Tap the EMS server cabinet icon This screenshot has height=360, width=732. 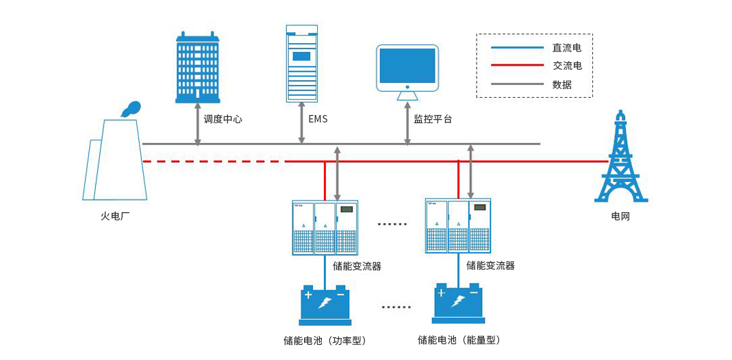click(x=301, y=64)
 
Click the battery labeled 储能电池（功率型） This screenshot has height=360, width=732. click(x=325, y=305)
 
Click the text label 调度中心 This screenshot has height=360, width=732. click(x=223, y=119)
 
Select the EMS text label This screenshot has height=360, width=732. click(x=318, y=119)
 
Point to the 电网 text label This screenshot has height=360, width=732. click(x=620, y=216)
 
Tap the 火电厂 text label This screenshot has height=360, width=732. click(x=115, y=216)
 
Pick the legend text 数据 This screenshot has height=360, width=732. click(x=562, y=85)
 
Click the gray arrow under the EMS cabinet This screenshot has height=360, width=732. click(x=302, y=124)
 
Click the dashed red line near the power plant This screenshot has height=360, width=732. click(x=212, y=162)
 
